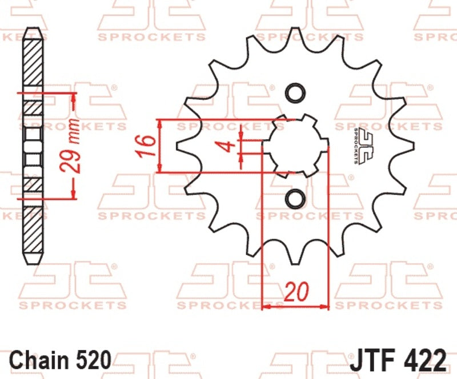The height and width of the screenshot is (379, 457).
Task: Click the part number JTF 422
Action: [x=398, y=360]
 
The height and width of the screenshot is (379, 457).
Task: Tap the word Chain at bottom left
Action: [x=38, y=360]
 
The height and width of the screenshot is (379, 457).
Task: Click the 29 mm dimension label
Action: [x=69, y=146]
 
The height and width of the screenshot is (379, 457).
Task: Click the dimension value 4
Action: [x=227, y=146]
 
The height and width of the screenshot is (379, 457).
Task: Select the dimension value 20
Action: [x=295, y=292]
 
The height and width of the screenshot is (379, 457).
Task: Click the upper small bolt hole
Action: [x=295, y=93]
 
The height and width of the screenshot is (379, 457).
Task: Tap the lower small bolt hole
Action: [x=295, y=199]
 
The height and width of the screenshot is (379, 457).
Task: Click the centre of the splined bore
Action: [x=295, y=146]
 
